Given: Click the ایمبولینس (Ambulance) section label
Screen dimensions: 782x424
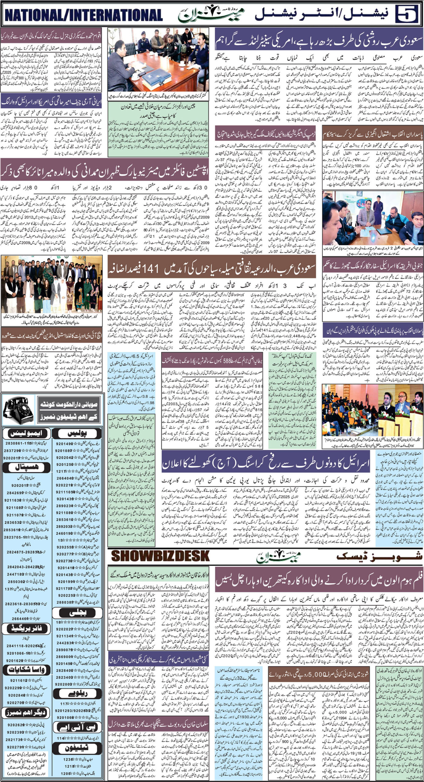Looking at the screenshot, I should coord(26,433).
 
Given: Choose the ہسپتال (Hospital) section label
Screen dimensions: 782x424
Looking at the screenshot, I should coord(26,467).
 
